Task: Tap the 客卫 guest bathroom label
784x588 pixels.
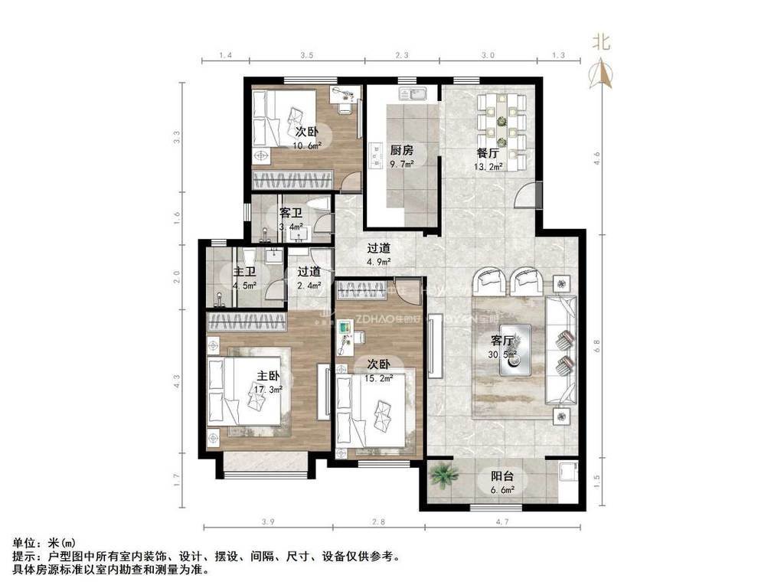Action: point(290,213)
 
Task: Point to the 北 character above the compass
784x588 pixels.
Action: point(602,43)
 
